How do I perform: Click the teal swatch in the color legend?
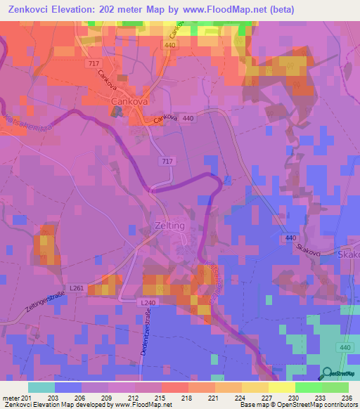pyautogui.click(x=41, y=387)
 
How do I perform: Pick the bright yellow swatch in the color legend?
pyautogui.click(x=282, y=387)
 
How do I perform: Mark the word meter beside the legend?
pyautogui.click(x=11, y=397)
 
